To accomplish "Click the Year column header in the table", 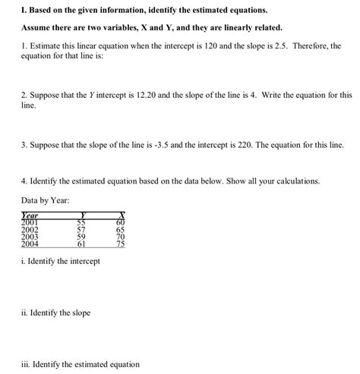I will [x=30, y=215].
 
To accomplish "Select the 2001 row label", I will [x=30, y=222].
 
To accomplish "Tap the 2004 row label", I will [x=30, y=244].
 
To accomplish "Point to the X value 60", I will [x=119, y=222].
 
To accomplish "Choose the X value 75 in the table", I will [x=119, y=244].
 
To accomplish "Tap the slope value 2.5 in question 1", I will [x=275, y=46].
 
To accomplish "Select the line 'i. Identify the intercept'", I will [x=61, y=261].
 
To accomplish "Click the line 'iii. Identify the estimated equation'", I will [x=81, y=364].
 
